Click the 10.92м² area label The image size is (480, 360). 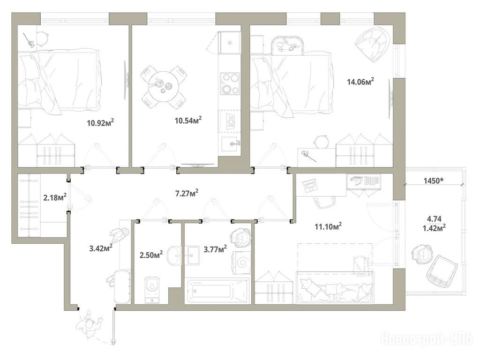(100, 123)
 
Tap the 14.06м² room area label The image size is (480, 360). (360, 82)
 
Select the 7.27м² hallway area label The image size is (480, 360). (187, 193)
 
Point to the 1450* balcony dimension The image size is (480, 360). (434, 180)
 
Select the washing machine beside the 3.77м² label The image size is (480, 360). (242, 262)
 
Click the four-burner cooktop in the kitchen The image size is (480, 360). (230, 83)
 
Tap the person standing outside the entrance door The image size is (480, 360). (89, 323)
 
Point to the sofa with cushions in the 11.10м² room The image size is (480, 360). (335, 287)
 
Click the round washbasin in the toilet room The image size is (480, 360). (175, 255)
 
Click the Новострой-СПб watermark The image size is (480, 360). (427, 339)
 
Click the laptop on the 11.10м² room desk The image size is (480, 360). (309, 185)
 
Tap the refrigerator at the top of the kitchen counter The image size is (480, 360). (229, 42)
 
